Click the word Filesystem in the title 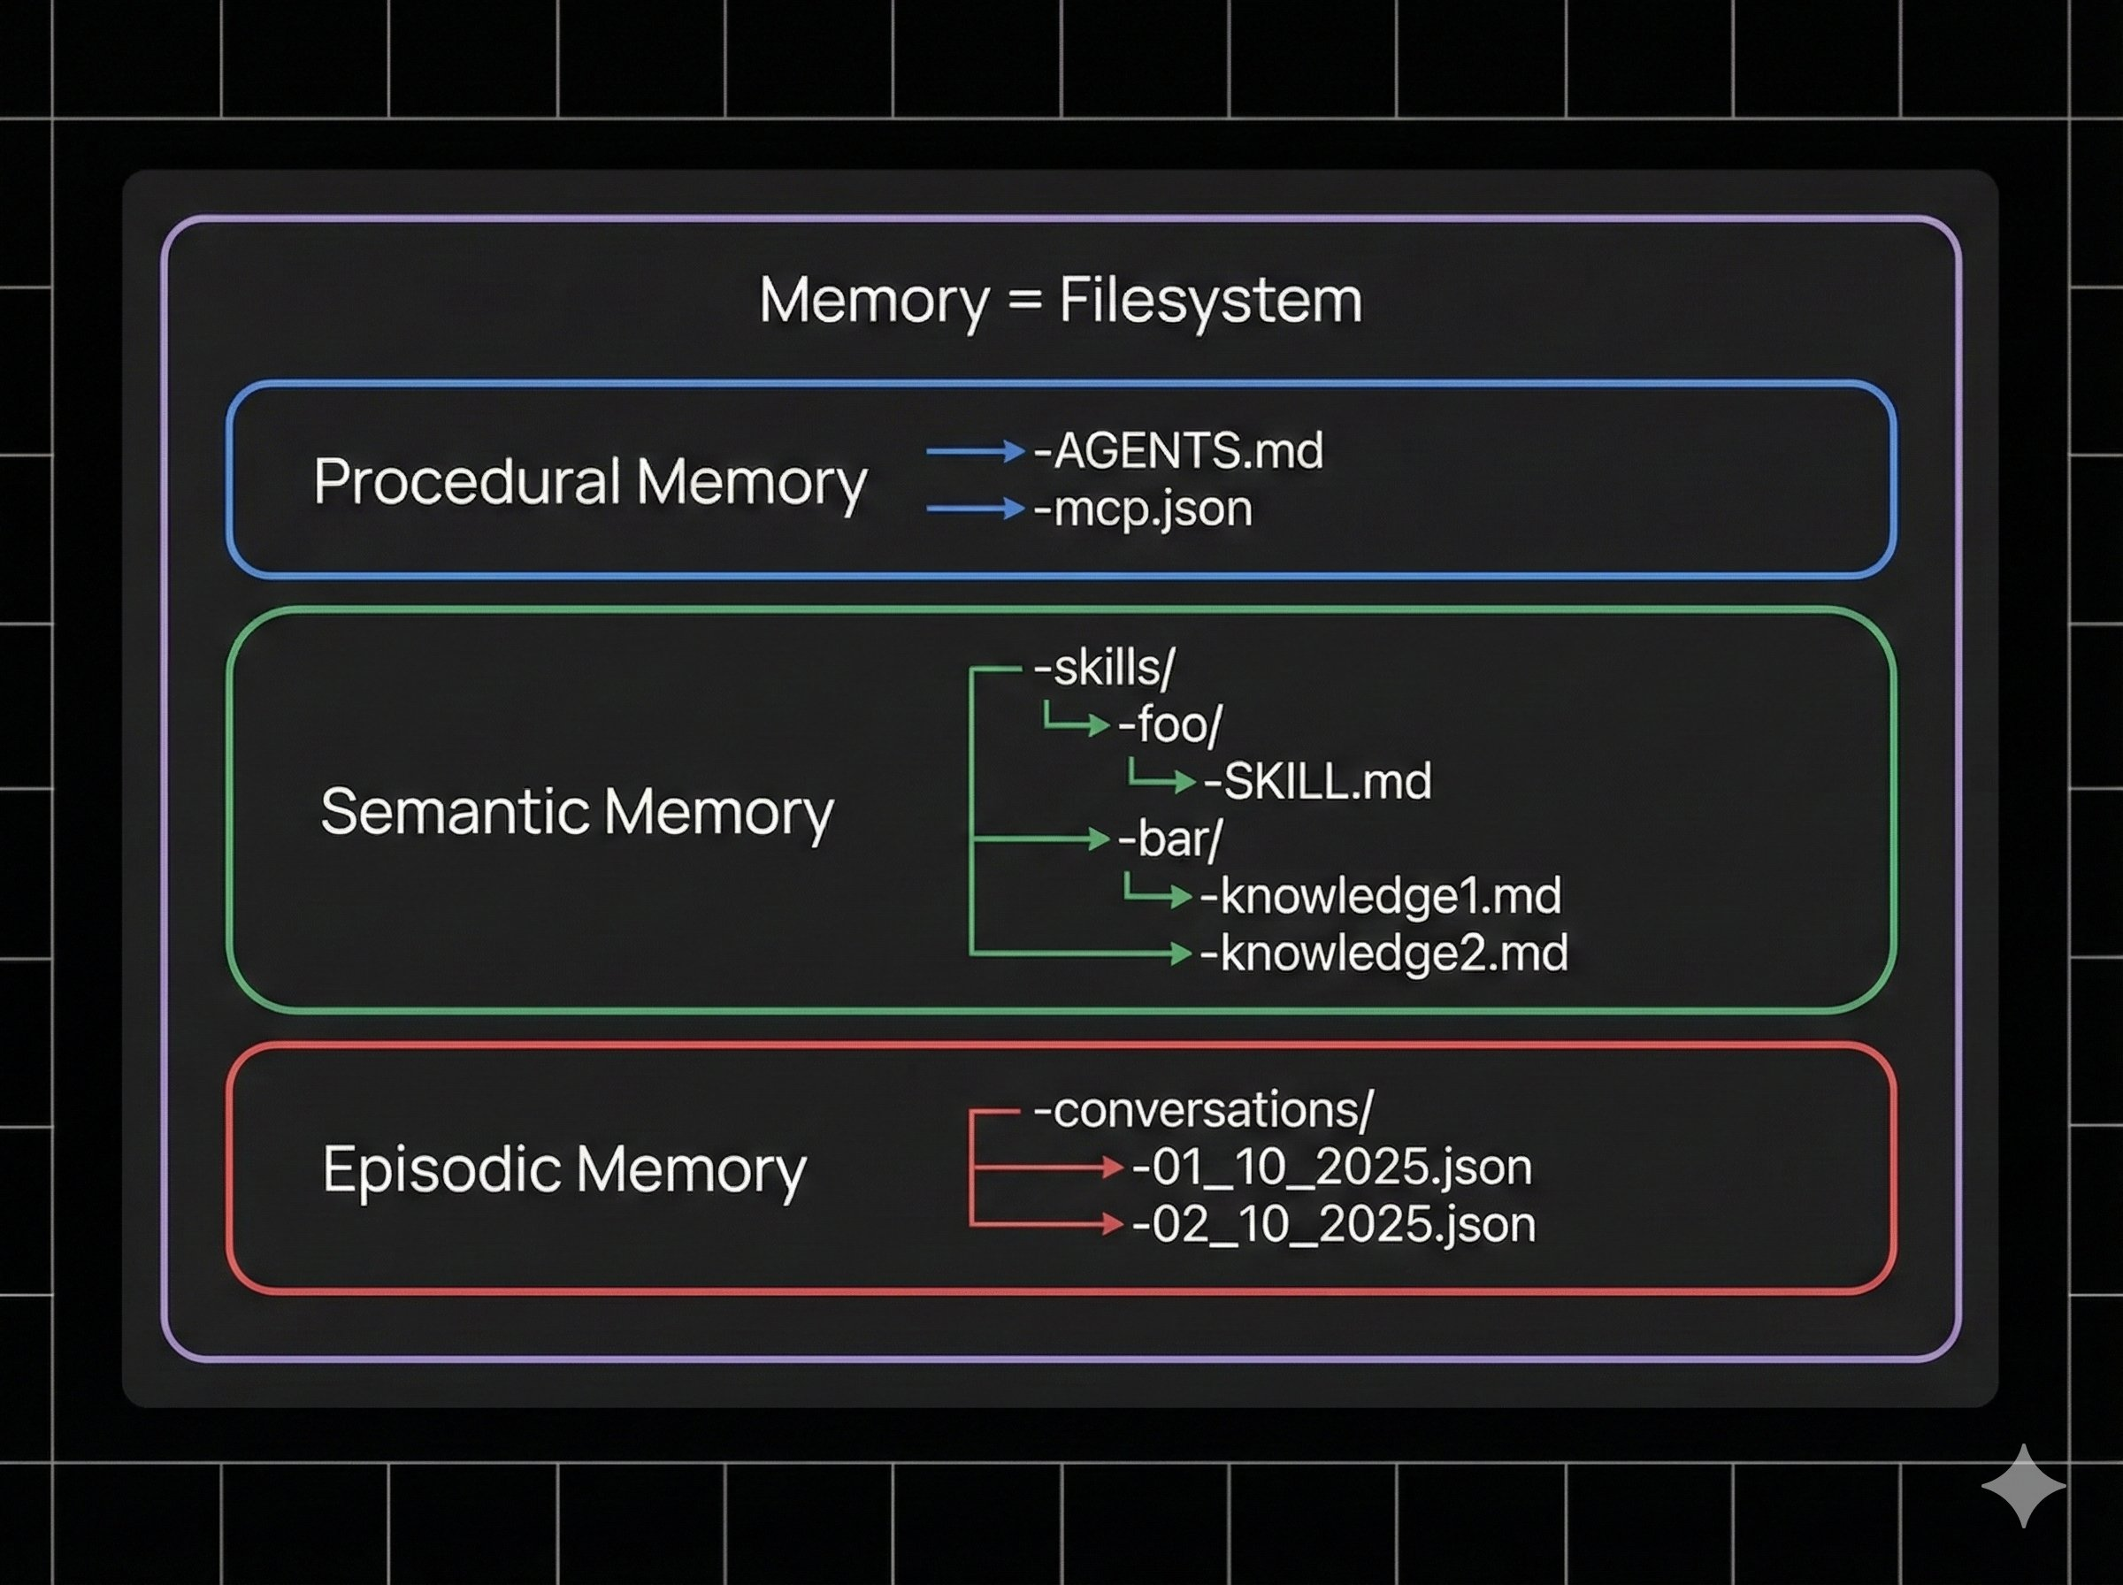(1210, 301)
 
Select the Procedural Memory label (590, 482)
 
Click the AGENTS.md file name (1179, 451)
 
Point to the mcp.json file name (1144, 509)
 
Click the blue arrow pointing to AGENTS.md (975, 451)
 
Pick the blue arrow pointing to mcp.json (975, 509)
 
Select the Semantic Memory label (577, 812)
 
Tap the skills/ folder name (1104, 668)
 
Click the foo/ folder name (1170, 724)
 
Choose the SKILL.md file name (1318, 781)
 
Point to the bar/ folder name (1170, 838)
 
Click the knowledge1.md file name (1382, 896)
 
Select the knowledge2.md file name (1384, 953)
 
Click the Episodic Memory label (564, 1169)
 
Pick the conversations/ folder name (1204, 1110)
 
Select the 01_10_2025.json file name (1332, 1168)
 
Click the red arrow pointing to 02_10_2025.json (1046, 1224)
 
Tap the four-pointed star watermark (2023, 1485)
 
